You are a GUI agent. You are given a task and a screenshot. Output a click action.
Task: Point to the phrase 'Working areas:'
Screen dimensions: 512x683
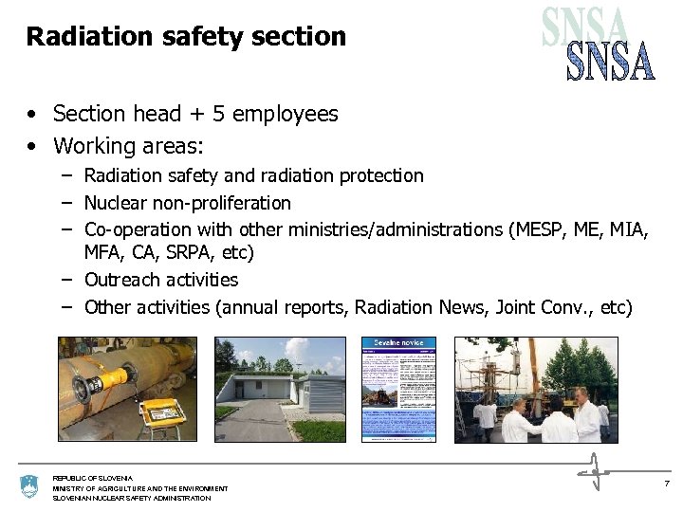[128, 146]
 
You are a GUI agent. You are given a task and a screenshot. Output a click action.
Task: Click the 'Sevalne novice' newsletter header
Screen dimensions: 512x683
[398, 342]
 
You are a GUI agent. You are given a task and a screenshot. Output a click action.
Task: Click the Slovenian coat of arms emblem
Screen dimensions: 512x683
[28, 487]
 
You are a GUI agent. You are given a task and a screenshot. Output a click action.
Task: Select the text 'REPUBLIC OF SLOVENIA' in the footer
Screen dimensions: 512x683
[93, 478]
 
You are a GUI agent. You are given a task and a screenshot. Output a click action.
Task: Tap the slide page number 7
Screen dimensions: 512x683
[667, 484]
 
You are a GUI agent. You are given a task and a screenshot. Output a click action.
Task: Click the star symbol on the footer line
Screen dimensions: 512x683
[594, 470]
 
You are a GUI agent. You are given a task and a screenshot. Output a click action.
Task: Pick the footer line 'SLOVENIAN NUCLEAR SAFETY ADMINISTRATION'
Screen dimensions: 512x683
[132, 498]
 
